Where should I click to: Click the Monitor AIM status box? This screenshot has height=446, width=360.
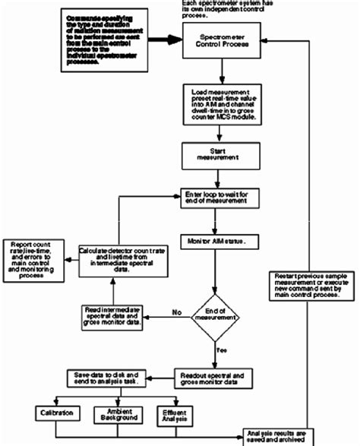218,241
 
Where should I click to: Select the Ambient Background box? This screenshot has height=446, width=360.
115,415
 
